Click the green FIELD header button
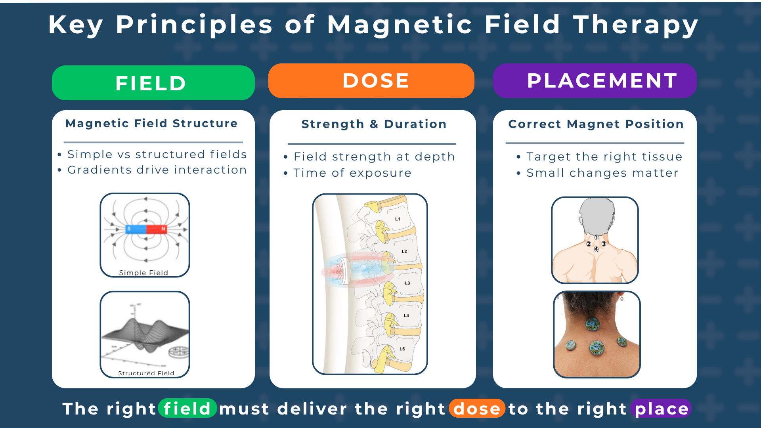(x=153, y=83)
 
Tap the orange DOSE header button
(x=371, y=81)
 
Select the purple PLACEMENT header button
(x=595, y=81)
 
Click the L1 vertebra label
(x=398, y=219)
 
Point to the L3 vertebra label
(x=407, y=283)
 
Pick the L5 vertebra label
(x=402, y=349)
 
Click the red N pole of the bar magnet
(x=157, y=229)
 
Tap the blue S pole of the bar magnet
(x=136, y=229)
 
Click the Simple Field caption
(x=143, y=273)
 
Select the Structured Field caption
(x=146, y=373)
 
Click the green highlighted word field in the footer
(x=187, y=409)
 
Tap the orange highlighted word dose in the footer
(x=477, y=409)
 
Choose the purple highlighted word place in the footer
(x=662, y=409)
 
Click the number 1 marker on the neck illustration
(x=597, y=237)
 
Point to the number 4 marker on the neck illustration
(x=596, y=249)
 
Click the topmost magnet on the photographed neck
(x=593, y=325)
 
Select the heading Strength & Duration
(x=374, y=124)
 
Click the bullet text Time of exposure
(x=352, y=173)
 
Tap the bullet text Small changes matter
(x=602, y=173)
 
